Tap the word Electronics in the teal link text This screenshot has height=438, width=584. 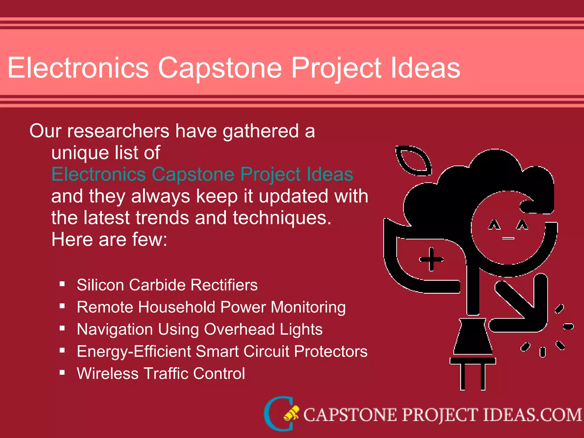tap(98, 174)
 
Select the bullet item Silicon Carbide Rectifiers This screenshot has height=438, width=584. tap(167, 285)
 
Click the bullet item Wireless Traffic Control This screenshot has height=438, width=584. tap(161, 374)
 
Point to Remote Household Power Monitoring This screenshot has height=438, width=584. tap(211, 307)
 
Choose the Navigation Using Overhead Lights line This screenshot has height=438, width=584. tap(200, 329)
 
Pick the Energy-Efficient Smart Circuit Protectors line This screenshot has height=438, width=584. tap(222, 351)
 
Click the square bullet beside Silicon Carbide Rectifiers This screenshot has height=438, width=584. tap(62, 284)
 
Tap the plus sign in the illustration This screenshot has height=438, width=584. tap(431, 259)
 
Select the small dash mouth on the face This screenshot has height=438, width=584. tap(508, 238)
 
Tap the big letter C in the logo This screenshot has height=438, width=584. tap(278, 413)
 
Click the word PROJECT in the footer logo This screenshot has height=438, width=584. tap(439, 415)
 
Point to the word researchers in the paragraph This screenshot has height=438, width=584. tap(118, 131)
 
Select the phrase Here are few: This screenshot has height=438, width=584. tap(109, 239)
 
